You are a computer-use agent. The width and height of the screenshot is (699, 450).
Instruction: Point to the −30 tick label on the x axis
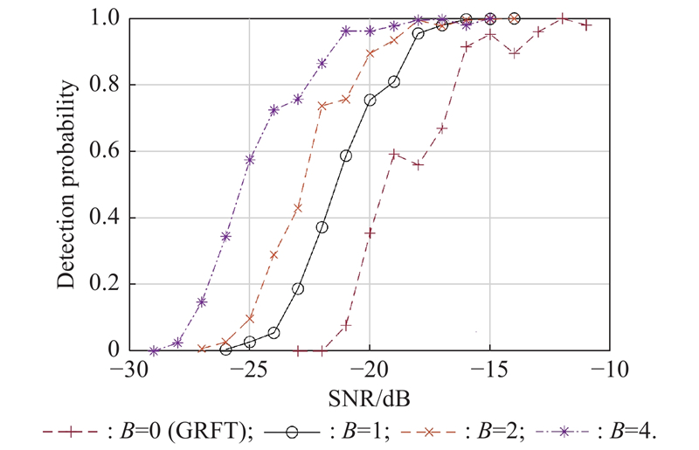[128, 371]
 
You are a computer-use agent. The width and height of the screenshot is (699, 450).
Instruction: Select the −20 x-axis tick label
[370, 371]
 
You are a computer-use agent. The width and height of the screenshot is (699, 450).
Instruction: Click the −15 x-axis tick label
[490, 371]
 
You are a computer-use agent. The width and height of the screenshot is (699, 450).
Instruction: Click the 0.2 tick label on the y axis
[104, 284]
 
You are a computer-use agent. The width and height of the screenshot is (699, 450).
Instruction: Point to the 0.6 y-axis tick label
[104, 151]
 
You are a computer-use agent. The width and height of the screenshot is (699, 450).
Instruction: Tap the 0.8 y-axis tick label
[104, 85]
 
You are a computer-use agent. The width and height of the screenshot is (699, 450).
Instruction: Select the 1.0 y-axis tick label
[104, 18]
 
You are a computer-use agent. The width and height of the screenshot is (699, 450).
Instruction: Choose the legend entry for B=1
[336, 431]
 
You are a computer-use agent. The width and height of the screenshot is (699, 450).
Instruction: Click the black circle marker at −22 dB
[322, 227]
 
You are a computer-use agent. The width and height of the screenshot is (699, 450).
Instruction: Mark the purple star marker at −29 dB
[154, 350]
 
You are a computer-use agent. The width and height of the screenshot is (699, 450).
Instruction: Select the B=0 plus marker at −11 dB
[586, 24]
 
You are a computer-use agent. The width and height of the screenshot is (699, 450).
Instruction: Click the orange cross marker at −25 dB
[250, 318]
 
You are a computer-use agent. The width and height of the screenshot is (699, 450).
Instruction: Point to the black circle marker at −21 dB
[346, 156]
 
